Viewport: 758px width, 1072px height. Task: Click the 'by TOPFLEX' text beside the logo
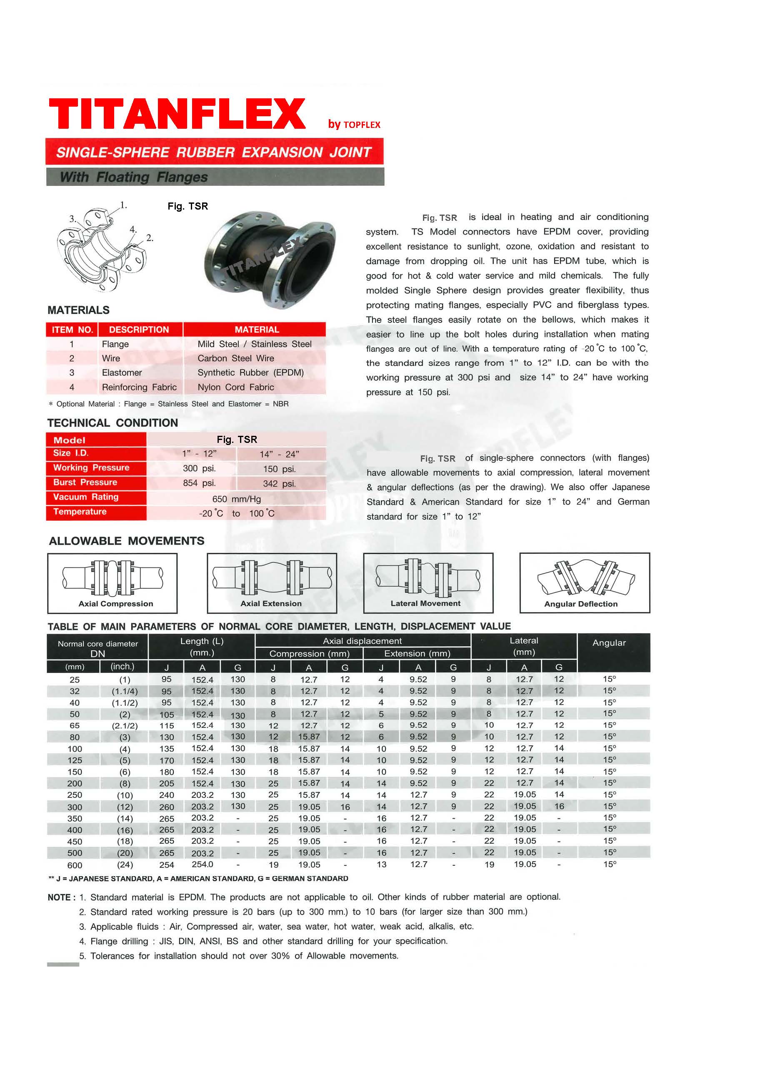(x=354, y=124)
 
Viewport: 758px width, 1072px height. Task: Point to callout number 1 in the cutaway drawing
(x=123, y=205)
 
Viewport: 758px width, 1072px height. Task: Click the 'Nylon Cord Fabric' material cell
(x=235, y=387)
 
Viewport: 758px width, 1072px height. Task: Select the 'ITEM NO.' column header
(x=72, y=330)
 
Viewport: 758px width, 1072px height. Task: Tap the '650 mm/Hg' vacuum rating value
(x=236, y=499)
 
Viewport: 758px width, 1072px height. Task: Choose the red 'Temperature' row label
(x=80, y=512)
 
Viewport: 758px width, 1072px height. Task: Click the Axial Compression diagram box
(x=113, y=583)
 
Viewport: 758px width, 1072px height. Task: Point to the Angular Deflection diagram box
(x=584, y=583)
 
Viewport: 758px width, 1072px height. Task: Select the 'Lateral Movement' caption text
(x=425, y=603)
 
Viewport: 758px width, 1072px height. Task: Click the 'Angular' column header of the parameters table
(x=608, y=643)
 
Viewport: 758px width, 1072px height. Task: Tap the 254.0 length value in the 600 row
(x=202, y=864)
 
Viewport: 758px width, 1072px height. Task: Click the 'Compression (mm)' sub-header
(x=309, y=654)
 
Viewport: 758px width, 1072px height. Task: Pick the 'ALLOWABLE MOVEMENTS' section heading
(x=127, y=541)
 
